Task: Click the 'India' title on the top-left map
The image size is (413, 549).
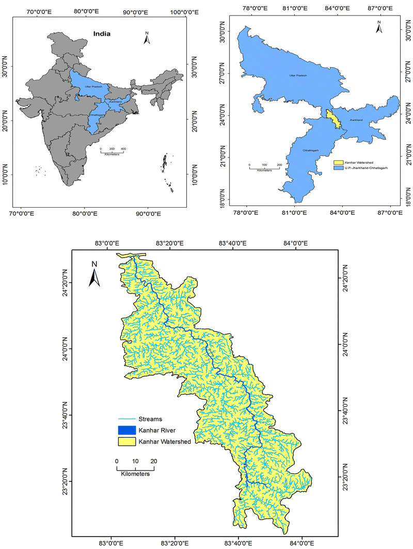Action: (102, 34)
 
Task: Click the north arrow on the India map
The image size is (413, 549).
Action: (147, 38)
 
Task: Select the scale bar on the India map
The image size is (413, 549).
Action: (112, 150)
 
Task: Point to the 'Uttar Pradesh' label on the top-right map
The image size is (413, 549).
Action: (298, 76)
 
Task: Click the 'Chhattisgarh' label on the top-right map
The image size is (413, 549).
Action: (311, 150)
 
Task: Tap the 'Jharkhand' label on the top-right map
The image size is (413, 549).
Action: (357, 120)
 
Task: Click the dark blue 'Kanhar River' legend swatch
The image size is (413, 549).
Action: (126, 430)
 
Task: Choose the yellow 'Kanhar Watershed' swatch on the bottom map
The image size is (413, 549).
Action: (126, 442)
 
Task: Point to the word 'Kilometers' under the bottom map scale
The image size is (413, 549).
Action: (135, 474)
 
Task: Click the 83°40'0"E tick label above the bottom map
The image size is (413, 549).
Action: (233, 243)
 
